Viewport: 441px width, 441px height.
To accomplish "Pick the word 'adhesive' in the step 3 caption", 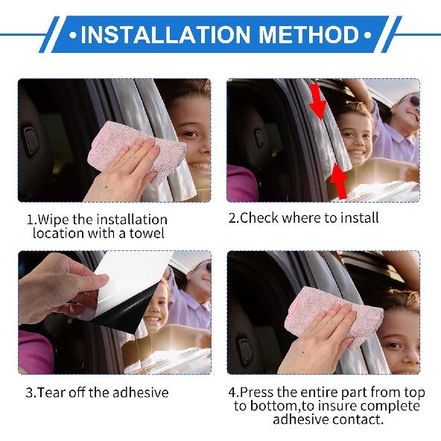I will (142, 392).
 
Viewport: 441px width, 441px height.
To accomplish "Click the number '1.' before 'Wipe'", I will (31, 220).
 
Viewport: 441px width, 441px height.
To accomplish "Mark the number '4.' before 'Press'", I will (234, 392).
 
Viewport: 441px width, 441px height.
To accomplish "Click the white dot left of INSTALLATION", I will (72, 35).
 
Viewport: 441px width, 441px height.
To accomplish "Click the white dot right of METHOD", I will (367, 35).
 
